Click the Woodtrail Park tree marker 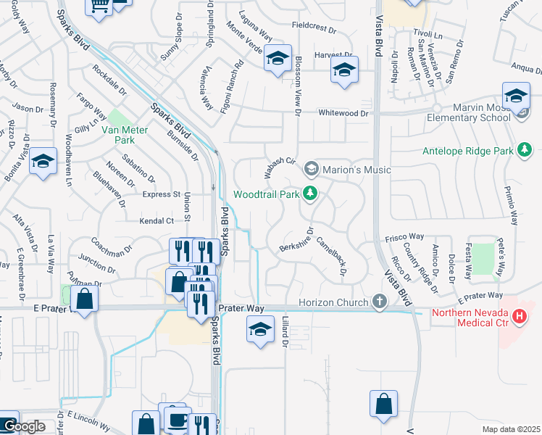pyautogui.click(x=310, y=194)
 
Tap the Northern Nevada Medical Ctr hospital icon pyautogui.click(x=519, y=316)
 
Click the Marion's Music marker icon pyautogui.click(x=312, y=170)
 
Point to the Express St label pyautogui.click(x=162, y=194)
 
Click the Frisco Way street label pyautogui.click(x=404, y=236)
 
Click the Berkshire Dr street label pyautogui.click(x=297, y=241)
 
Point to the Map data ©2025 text pyautogui.click(x=510, y=429)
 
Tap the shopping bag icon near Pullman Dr pyautogui.click(x=85, y=298)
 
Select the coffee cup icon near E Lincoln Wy pyautogui.click(x=177, y=419)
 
